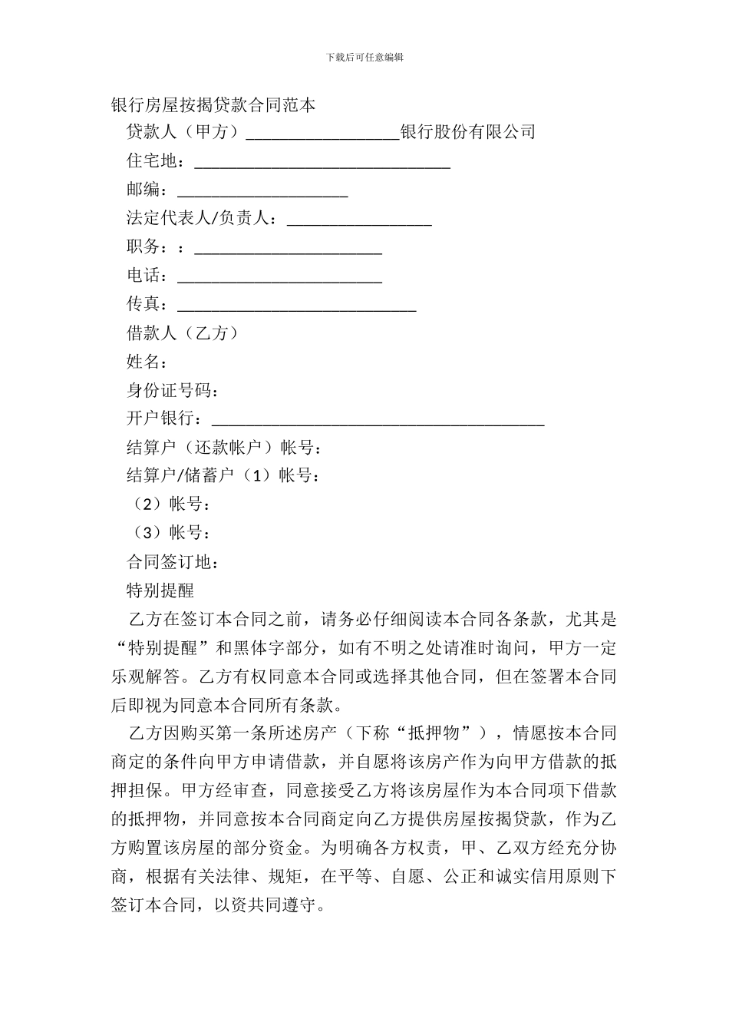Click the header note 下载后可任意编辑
pyautogui.click(x=364, y=57)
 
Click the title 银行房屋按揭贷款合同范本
pyautogui.click(x=213, y=105)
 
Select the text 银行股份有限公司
pyautogui.click(x=468, y=132)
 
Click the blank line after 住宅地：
pyautogui.click(x=322, y=164)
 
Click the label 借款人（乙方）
pyautogui.click(x=183, y=333)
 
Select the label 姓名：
pyautogui.click(x=147, y=362)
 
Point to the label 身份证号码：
pyautogui.click(x=173, y=391)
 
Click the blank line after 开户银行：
pyautogui.click(x=378, y=421)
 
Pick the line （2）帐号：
pyautogui.click(x=168, y=504)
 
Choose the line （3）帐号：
pyautogui.click(x=168, y=534)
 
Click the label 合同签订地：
pyautogui.click(x=173, y=562)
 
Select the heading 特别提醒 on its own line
pyautogui.click(x=160, y=590)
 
